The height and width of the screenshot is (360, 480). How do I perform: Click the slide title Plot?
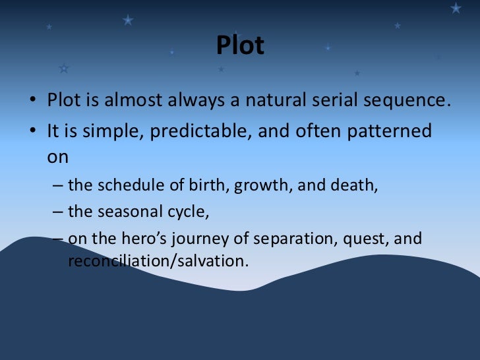tap(240, 45)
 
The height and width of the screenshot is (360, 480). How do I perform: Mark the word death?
tap(357, 185)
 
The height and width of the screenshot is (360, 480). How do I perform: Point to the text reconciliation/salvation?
tap(158, 260)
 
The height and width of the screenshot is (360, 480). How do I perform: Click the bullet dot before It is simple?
tap(32, 132)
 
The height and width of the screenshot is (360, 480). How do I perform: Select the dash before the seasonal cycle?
tap(57, 212)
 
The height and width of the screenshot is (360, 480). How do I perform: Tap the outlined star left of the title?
tap(63, 68)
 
